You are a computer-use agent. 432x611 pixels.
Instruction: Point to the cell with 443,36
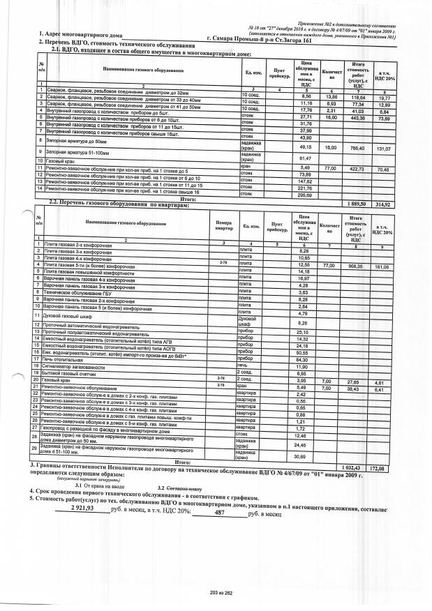pyautogui.click(x=359, y=118)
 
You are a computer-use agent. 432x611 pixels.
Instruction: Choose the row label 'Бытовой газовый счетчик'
pyautogui.click(x=77, y=374)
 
